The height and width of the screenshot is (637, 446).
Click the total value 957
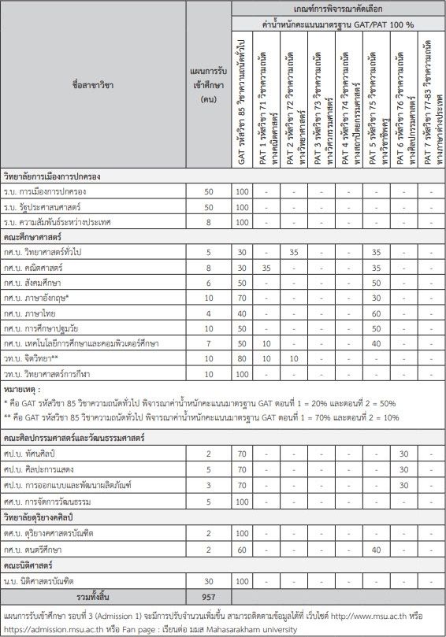[x=208, y=595]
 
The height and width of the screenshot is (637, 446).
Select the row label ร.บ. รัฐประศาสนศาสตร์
[x=55, y=206]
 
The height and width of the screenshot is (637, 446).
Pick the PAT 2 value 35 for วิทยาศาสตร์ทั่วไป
[x=293, y=252]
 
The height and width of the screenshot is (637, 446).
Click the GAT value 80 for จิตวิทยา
[x=243, y=357]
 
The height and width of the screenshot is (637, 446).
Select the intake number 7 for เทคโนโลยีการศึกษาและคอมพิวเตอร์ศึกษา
[x=208, y=342]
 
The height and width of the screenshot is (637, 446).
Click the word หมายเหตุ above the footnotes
[x=22, y=389]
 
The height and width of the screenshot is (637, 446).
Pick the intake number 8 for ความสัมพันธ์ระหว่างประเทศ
[x=208, y=221]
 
